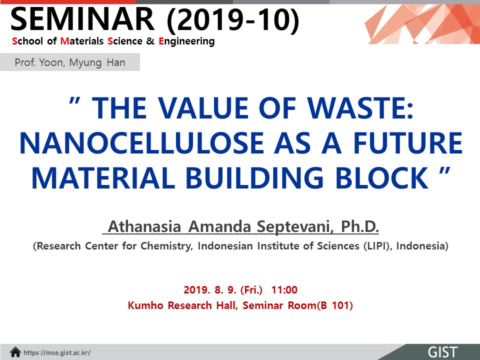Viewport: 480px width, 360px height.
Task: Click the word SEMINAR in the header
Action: (x=82, y=19)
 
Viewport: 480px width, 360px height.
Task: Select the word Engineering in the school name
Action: (x=186, y=41)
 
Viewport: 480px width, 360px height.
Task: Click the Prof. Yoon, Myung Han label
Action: (x=70, y=62)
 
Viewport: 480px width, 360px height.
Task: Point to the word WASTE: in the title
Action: (x=360, y=108)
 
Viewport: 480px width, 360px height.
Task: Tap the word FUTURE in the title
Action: (x=408, y=143)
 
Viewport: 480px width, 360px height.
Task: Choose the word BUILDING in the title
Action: (x=254, y=178)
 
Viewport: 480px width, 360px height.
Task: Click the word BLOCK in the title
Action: (x=382, y=178)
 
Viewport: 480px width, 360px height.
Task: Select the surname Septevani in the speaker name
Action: (x=293, y=227)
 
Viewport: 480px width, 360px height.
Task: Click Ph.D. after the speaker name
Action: (x=360, y=226)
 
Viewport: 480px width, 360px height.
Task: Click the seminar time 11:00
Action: (x=284, y=289)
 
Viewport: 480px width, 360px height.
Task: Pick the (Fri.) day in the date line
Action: (x=251, y=290)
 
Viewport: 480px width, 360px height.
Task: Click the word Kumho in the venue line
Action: (x=145, y=305)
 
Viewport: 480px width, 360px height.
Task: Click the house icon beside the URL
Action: (x=15, y=352)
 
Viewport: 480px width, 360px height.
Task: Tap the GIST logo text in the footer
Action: (x=442, y=352)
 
